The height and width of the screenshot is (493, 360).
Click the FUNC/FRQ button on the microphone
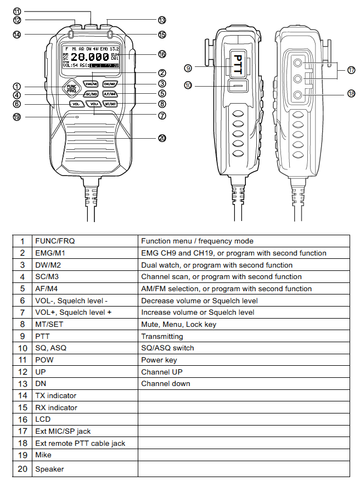pyautogui.click(x=71, y=89)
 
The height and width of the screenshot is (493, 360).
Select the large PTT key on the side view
pyautogui.click(x=238, y=66)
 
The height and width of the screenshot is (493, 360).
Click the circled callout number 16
pyautogui.click(x=162, y=54)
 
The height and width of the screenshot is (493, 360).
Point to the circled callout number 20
pyautogui.click(x=162, y=138)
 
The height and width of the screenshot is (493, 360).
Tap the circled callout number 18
pyautogui.click(x=351, y=94)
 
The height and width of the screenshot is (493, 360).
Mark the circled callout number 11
pyautogui.click(x=17, y=11)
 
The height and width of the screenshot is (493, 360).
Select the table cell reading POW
pyautogui.click(x=44, y=360)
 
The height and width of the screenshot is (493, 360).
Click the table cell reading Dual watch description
pyautogui.click(x=216, y=265)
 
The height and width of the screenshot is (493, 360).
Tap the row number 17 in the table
pyautogui.click(x=22, y=431)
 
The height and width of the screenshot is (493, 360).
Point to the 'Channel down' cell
pyautogui.click(x=165, y=383)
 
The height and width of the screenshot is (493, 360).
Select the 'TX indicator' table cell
pyautogui.click(x=55, y=395)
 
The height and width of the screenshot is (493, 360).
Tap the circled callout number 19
pyautogui.click(x=17, y=116)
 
